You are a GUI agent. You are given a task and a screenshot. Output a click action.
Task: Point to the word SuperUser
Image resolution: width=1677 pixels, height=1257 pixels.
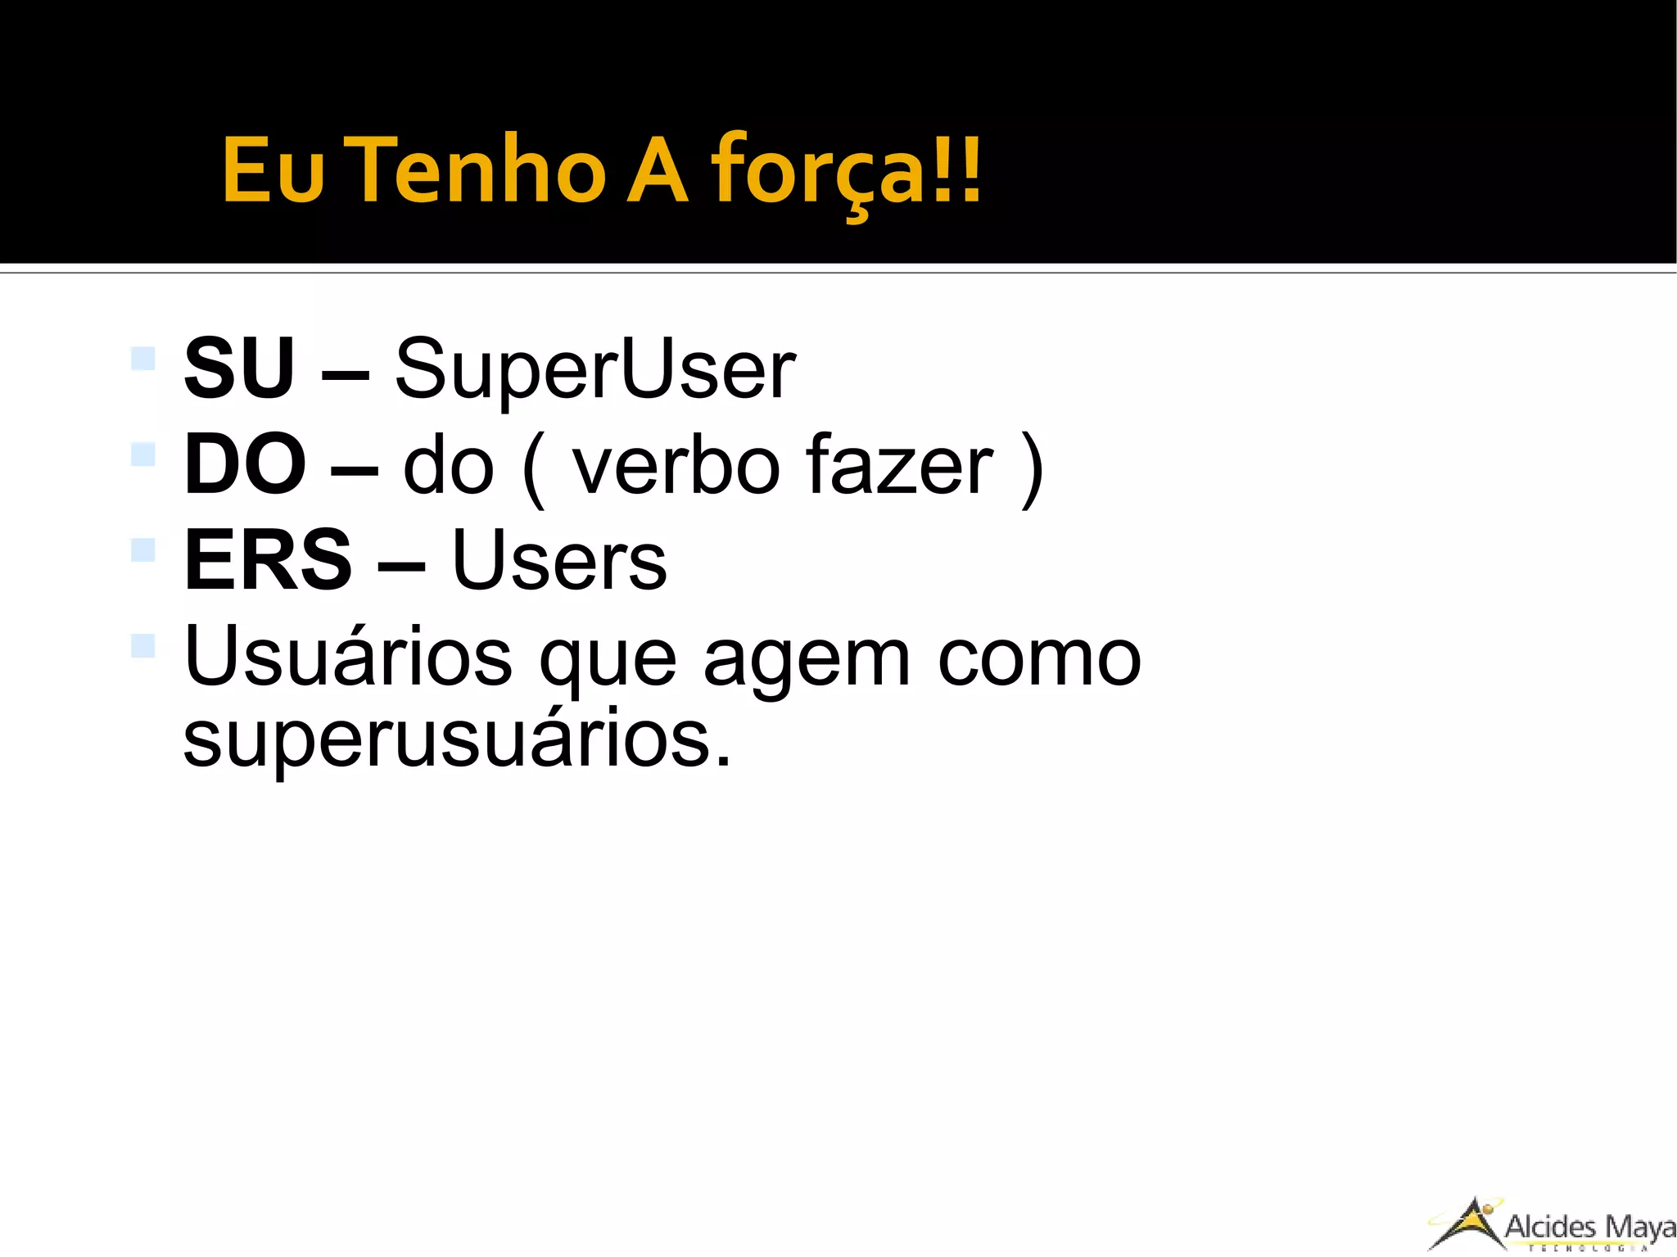[x=594, y=370]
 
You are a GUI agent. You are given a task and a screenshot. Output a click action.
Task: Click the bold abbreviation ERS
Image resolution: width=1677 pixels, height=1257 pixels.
[x=268, y=560]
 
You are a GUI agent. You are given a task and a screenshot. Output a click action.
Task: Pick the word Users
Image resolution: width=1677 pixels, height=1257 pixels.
[x=558, y=560]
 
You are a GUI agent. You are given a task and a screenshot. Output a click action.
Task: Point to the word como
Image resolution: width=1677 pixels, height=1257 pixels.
[x=1038, y=658]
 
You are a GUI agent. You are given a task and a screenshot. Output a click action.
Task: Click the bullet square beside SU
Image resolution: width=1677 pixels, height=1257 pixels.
[x=143, y=359]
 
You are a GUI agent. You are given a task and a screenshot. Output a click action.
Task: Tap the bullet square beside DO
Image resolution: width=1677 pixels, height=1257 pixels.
[x=143, y=454]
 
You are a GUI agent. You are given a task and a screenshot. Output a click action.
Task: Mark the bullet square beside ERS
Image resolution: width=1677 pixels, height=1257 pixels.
[x=143, y=549]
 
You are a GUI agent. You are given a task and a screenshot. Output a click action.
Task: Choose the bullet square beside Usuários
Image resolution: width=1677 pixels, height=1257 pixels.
[x=143, y=645]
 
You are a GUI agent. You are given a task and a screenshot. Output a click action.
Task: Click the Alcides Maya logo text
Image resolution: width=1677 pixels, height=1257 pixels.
[x=1589, y=1227]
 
